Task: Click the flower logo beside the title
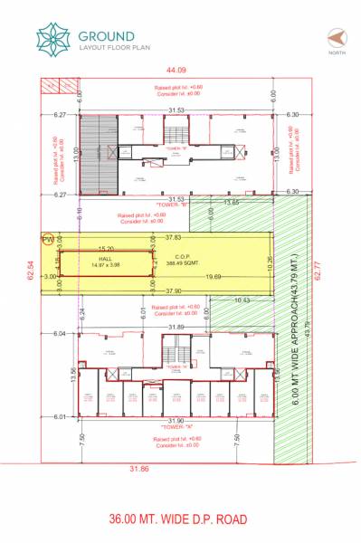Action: point(52,38)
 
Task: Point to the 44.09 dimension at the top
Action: point(176,70)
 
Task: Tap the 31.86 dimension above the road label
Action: point(138,468)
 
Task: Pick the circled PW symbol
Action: point(47,239)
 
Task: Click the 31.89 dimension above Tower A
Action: point(175,327)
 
